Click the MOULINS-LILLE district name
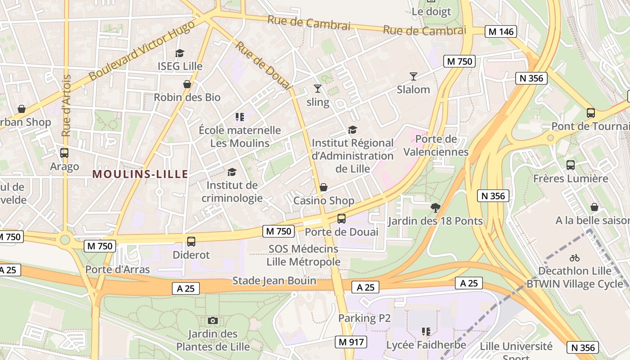click(140, 174)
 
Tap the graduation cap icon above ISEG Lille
click(180, 53)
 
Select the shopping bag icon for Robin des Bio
click(187, 84)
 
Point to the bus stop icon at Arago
click(64, 153)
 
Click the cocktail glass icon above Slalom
click(414, 76)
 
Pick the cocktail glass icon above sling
click(318, 89)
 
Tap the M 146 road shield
click(500, 31)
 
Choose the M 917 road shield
click(351, 342)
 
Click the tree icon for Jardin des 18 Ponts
click(435, 207)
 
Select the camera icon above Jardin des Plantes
click(213, 320)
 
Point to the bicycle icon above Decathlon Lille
click(575, 258)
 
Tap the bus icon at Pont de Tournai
click(591, 113)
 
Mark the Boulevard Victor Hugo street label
click(142, 50)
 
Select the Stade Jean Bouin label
click(274, 281)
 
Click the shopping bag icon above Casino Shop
click(323, 187)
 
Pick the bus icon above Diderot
click(191, 242)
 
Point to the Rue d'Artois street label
click(66, 106)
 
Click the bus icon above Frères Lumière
click(571, 165)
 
